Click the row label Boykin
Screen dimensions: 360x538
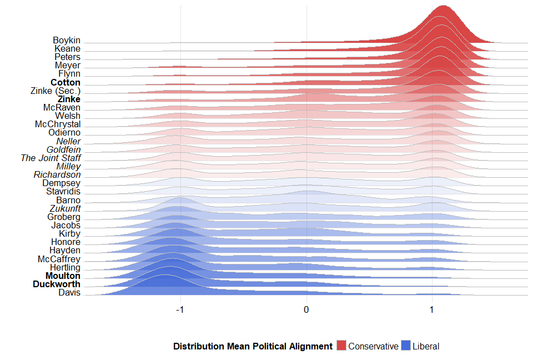coord(67,41)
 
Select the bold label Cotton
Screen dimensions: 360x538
coord(66,83)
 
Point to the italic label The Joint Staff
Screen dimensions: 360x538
coord(51,158)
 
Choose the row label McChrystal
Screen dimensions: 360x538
coord(58,124)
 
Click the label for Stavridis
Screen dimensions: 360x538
coord(63,192)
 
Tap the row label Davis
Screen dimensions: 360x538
coord(69,293)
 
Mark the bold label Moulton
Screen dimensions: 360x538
coord(63,276)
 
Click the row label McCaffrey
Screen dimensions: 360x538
coord(59,259)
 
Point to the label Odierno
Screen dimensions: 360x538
coord(64,133)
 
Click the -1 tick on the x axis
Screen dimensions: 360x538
coord(180,309)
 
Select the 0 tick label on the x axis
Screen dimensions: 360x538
coord(306,309)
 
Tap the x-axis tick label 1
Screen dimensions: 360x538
coord(432,309)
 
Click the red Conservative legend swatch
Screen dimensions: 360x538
coord(341,346)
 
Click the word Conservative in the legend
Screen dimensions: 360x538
coord(373,346)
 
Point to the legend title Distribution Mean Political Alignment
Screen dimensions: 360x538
coord(253,346)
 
